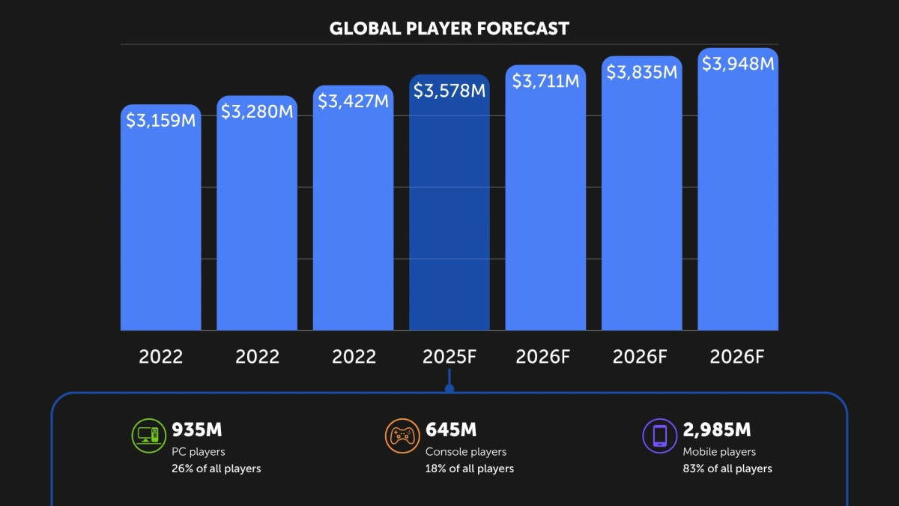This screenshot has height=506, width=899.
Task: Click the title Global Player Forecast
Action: click(449, 28)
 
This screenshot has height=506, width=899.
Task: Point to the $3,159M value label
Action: click(160, 121)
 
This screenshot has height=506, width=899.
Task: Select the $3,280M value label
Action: click(257, 112)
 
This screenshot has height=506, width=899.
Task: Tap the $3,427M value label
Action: click(353, 101)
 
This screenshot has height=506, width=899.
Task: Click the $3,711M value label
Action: click(546, 81)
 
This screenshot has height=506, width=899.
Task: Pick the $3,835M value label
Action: click(642, 72)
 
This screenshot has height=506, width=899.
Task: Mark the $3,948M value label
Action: click(738, 64)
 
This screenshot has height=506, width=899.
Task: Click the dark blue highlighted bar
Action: click(449, 202)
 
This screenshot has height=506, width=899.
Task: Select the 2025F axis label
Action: click(449, 357)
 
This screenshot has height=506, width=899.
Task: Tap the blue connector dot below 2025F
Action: click(449, 388)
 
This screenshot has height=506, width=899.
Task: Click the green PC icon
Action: click(149, 436)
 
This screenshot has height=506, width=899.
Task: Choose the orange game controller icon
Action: click(402, 436)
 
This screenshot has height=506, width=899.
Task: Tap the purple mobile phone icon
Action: click(660, 436)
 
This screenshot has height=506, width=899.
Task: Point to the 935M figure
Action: click(196, 430)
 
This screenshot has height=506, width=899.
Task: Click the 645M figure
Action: click(451, 430)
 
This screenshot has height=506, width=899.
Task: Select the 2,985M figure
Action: click(717, 430)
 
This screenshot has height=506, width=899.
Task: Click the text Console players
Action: click(466, 452)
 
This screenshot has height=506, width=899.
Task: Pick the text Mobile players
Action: click(719, 452)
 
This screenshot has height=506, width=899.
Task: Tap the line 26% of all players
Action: click(217, 469)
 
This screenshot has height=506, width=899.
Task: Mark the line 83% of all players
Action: click(727, 469)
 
